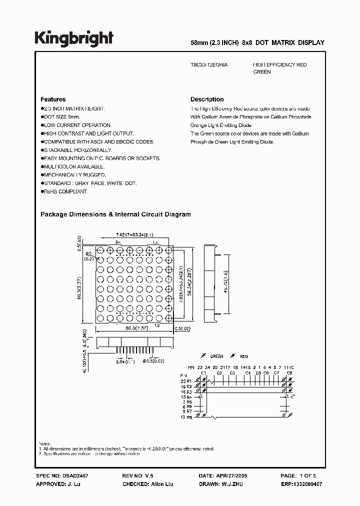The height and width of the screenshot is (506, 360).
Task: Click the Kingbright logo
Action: (73, 38)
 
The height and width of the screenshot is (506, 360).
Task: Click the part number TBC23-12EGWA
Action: (209, 65)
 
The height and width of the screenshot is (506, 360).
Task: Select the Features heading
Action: (53, 99)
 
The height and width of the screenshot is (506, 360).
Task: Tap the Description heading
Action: (207, 99)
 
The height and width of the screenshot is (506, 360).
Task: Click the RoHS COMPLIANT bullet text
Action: (65, 191)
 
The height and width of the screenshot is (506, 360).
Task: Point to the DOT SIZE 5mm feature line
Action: (61, 116)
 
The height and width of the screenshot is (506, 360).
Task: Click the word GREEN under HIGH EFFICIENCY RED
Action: (262, 72)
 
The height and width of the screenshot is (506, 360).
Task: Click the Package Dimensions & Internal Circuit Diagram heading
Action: (115, 214)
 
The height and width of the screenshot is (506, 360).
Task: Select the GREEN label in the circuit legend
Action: (216, 356)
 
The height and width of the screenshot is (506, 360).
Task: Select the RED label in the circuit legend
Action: (244, 356)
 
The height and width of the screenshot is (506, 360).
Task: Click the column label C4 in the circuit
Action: (247, 373)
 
